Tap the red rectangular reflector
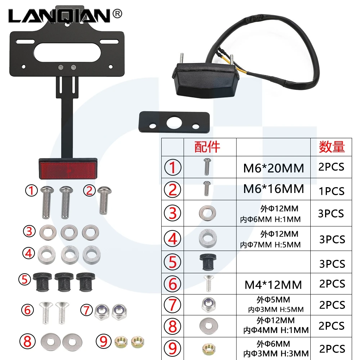click(68, 168)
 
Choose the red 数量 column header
click(332, 147)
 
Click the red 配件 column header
click(207, 147)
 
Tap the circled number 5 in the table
click(173, 262)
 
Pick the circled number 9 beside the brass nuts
click(104, 341)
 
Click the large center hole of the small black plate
click(174, 122)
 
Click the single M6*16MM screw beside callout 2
click(104, 200)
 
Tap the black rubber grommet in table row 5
click(208, 262)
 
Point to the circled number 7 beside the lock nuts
click(86, 310)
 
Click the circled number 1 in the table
click(173, 167)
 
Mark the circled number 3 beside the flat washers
click(30, 231)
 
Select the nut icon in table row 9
click(208, 349)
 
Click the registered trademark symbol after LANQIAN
click(117, 14)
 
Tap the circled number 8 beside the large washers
click(27, 341)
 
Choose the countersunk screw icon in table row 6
click(208, 284)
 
